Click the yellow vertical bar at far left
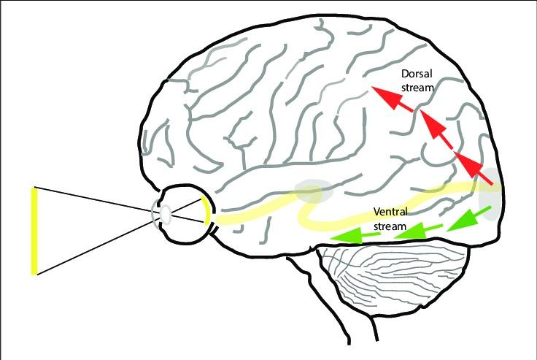point(34,231)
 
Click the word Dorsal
point(417,74)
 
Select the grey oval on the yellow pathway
point(314,194)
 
